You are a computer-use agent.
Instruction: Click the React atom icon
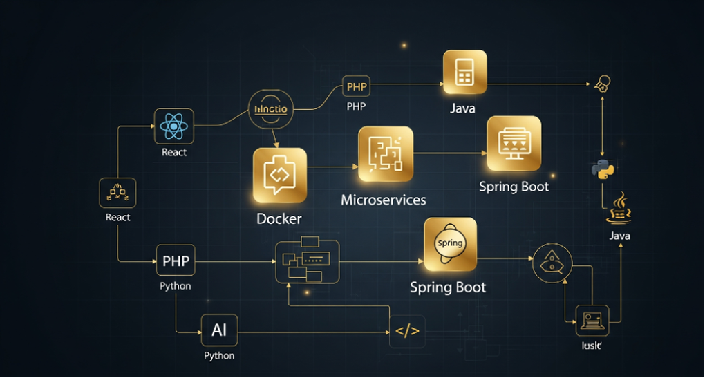coord(174,126)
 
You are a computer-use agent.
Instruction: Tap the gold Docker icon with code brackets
coord(279,176)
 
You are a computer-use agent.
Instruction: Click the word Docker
coord(279,218)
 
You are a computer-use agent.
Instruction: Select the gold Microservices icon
coord(385,153)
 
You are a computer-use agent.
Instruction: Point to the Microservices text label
coord(384,200)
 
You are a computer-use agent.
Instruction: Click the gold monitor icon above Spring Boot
coord(514,144)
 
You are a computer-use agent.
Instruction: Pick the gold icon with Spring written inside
coord(450,244)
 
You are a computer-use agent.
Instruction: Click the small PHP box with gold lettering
coord(357,87)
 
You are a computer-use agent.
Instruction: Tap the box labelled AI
coord(219,330)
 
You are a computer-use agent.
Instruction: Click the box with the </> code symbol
coord(407,331)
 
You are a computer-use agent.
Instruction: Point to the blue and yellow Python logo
coord(603,169)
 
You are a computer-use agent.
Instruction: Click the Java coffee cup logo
coord(619,209)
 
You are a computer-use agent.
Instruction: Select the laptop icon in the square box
coord(592,320)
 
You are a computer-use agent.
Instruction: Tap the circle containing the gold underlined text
coord(271,109)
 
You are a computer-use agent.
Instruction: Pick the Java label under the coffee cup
coord(619,236)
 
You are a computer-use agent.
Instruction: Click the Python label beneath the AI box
coord(219,356)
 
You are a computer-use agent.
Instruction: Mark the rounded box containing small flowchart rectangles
coord(308,261)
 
